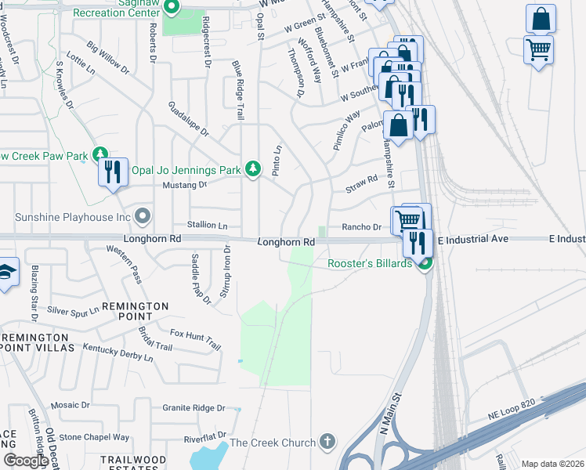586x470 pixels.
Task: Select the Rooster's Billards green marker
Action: point(424,263)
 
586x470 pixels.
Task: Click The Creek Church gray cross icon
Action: point(327,443)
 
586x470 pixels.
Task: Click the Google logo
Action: point(26,460)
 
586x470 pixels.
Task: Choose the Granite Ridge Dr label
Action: point(194,408)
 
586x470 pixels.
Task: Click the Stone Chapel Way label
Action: point(94,437)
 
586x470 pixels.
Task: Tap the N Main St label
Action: point(389,414)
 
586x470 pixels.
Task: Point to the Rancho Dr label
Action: point(361,227)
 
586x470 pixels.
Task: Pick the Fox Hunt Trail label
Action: point(195,339)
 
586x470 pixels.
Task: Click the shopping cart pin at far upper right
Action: point(538,49)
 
